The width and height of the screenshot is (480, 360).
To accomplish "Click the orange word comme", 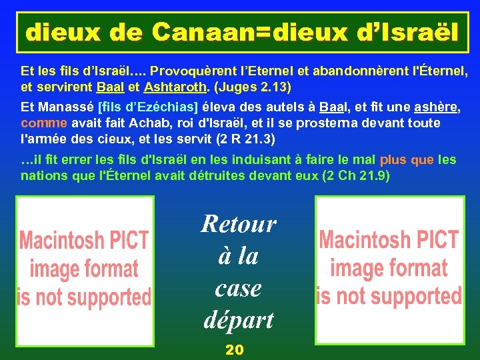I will pos(44,123).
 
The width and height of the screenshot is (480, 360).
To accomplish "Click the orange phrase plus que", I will pos(408,160).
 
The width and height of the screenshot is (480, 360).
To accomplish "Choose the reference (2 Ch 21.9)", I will pos(356,176).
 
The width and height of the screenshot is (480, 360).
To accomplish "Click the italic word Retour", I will pos(239,223).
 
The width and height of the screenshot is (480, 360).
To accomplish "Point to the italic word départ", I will pos(239,320).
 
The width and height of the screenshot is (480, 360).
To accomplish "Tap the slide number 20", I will pos(235,349).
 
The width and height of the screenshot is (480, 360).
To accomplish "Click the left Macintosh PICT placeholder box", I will pos(85,267).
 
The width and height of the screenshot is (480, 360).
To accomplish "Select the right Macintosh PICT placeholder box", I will pos(389,267).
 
